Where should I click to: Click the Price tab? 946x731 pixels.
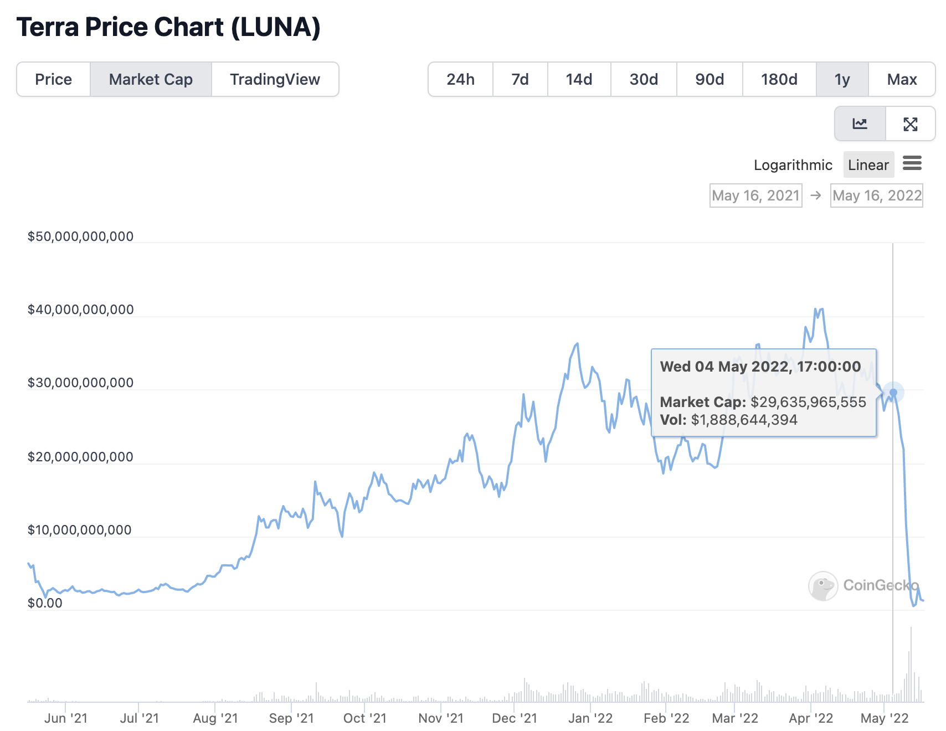53,79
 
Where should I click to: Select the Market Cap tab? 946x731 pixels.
151,79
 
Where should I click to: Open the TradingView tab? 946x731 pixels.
275,79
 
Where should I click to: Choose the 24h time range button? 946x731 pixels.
461,79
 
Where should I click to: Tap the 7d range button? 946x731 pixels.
520,79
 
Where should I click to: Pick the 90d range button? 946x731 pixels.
709,79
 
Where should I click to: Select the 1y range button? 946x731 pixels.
842,79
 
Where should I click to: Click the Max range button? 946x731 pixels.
902,79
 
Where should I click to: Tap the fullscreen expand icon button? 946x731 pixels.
911,124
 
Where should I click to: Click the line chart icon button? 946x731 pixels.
860,124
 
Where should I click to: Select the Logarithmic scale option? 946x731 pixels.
793,165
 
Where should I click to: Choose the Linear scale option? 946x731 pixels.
868,165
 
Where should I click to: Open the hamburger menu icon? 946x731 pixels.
912,163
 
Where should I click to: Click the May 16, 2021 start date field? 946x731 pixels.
756,195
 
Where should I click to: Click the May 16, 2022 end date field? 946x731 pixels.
877,195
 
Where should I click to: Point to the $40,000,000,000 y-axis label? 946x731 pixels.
81,310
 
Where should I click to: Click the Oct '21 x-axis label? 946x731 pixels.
365,718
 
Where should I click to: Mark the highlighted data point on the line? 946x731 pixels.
893,393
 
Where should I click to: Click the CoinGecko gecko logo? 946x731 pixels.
823,586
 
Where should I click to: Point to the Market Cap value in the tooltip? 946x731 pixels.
808,402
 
